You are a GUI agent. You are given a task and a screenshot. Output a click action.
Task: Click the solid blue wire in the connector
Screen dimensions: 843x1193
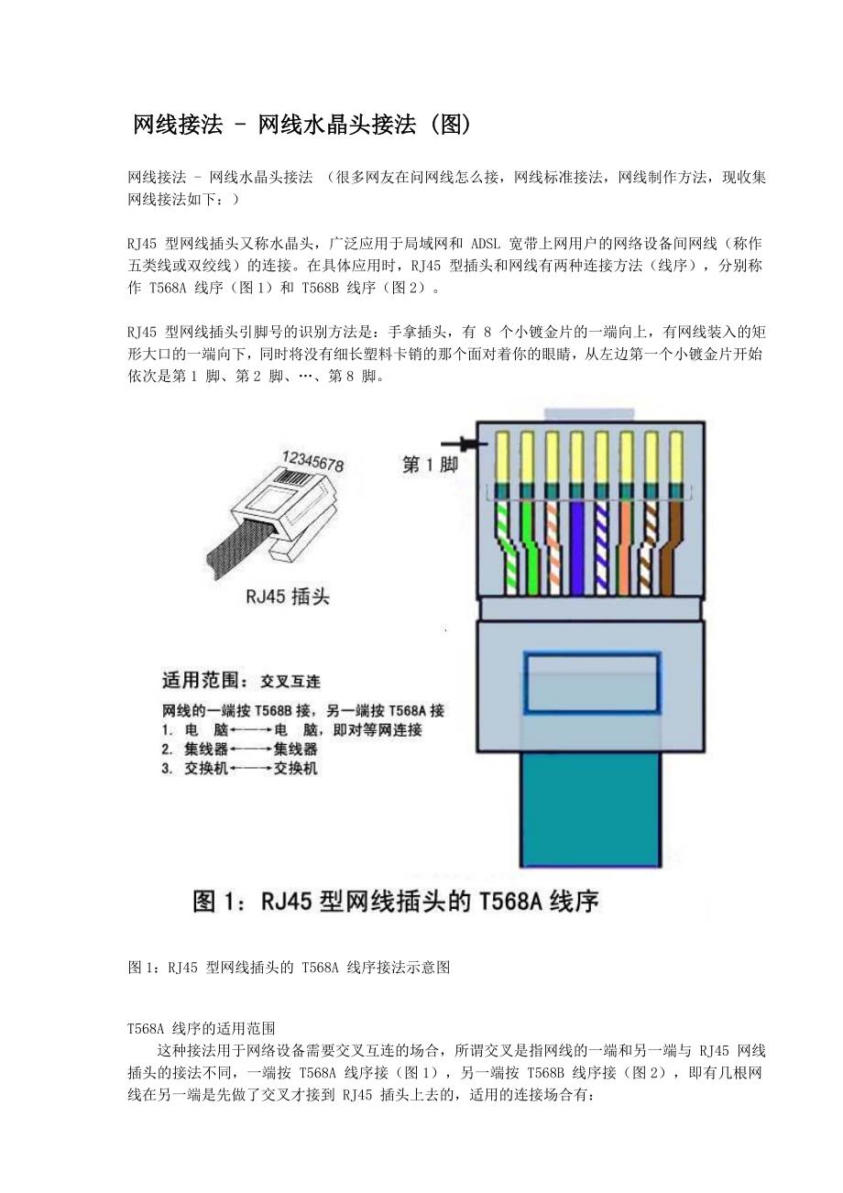click(x=576, y=547)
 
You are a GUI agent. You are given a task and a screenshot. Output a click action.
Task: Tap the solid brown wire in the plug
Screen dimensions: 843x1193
click(x=672, y=547)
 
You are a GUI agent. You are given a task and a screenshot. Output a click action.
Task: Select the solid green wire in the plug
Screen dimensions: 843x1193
click(x=529, y=547)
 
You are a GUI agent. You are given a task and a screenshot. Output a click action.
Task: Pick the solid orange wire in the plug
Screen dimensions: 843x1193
click(x=625, y=547)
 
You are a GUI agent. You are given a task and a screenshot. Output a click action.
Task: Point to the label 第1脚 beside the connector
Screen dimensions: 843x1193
click(x=429, y=465)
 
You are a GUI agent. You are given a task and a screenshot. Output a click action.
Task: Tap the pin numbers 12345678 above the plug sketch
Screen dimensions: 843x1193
click(x=313, y=462)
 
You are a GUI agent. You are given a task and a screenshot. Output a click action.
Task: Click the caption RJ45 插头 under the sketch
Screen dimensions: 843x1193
click(x=288, y=596)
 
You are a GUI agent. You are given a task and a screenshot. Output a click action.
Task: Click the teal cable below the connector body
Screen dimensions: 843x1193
click(x=591, y=810)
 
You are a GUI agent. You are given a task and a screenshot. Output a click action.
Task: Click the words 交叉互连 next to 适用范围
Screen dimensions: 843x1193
click(x=290, y=681)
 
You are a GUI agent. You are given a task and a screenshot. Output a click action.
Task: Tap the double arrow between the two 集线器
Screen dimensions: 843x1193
click(x=251, y=750)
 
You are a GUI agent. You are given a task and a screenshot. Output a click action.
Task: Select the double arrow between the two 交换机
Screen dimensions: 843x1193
click(x=251, y=769)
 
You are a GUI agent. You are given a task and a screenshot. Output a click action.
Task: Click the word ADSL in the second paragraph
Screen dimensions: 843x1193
click(x=486, y=244)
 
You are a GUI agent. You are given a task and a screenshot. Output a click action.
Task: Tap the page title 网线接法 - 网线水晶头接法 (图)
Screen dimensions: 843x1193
click(x=301, y=126)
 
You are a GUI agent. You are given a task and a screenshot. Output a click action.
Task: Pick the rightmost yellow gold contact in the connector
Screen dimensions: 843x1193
click(x=676, y=457)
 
